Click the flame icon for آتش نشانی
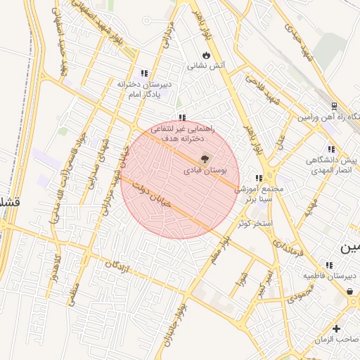click(x=205, y=55)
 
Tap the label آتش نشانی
click(x=205, y=66)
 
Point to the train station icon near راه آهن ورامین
click(x=334, y=108)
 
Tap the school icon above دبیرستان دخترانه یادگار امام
click(x=144, y=73)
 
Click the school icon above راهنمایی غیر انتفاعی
click(x=182, y=118)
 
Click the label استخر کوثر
click(x=254, y=223)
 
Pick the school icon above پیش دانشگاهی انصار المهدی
click(x=330, y=149)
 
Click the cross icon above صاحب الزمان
click(x=336, y=328)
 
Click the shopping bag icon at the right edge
click(x=350, y=291)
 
